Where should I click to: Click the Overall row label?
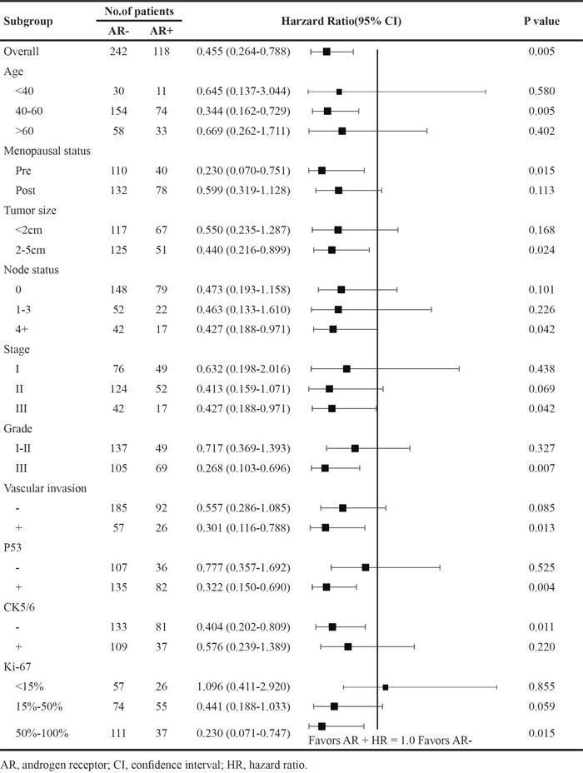[21, 52]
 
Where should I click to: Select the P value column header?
[541, 21]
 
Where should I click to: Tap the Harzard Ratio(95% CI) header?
[341, 21]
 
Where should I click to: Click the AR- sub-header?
[118, 31]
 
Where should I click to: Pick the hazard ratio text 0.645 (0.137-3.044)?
[243, 91]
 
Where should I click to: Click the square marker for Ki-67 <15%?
[386, 686]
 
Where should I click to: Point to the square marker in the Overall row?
[326, 52]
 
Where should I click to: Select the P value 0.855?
[541, 686]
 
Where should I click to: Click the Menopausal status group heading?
[47, 151]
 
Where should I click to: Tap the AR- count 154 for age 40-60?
[118, 111]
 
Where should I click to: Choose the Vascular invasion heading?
[45, 488]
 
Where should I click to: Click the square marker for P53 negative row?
[365, 567]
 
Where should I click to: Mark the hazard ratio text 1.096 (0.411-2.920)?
[243, 686]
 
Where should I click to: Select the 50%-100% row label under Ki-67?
[42, 733]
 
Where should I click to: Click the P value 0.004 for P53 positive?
[541, 587]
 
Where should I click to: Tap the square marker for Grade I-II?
[355, 448]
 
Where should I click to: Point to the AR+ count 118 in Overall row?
[161, 52]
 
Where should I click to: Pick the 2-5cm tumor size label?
[31, 250]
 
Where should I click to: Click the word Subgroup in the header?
[28, 21]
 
